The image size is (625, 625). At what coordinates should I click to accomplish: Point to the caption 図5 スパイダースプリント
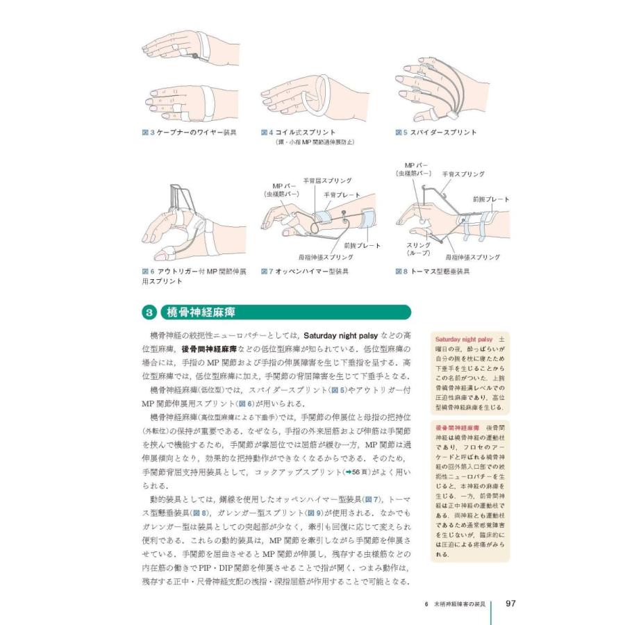pos(435,132)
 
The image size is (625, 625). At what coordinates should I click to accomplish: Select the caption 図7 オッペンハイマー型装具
pos(305,272)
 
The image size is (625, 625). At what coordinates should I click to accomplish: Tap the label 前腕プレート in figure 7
pos(362,246)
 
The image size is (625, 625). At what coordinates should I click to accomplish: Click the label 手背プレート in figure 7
pos(342,195)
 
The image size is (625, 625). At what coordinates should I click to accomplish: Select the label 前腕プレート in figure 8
pos(490,199)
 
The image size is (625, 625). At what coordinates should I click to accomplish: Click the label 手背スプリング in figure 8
pos(463,174)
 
